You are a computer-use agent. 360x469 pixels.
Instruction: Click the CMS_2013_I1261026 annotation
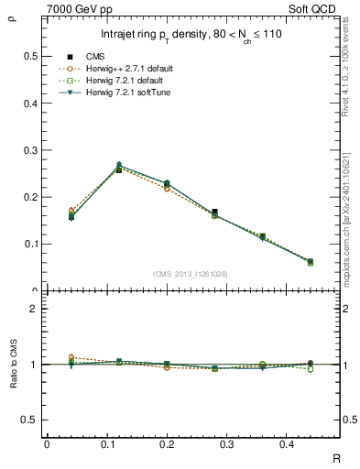(191, 273)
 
